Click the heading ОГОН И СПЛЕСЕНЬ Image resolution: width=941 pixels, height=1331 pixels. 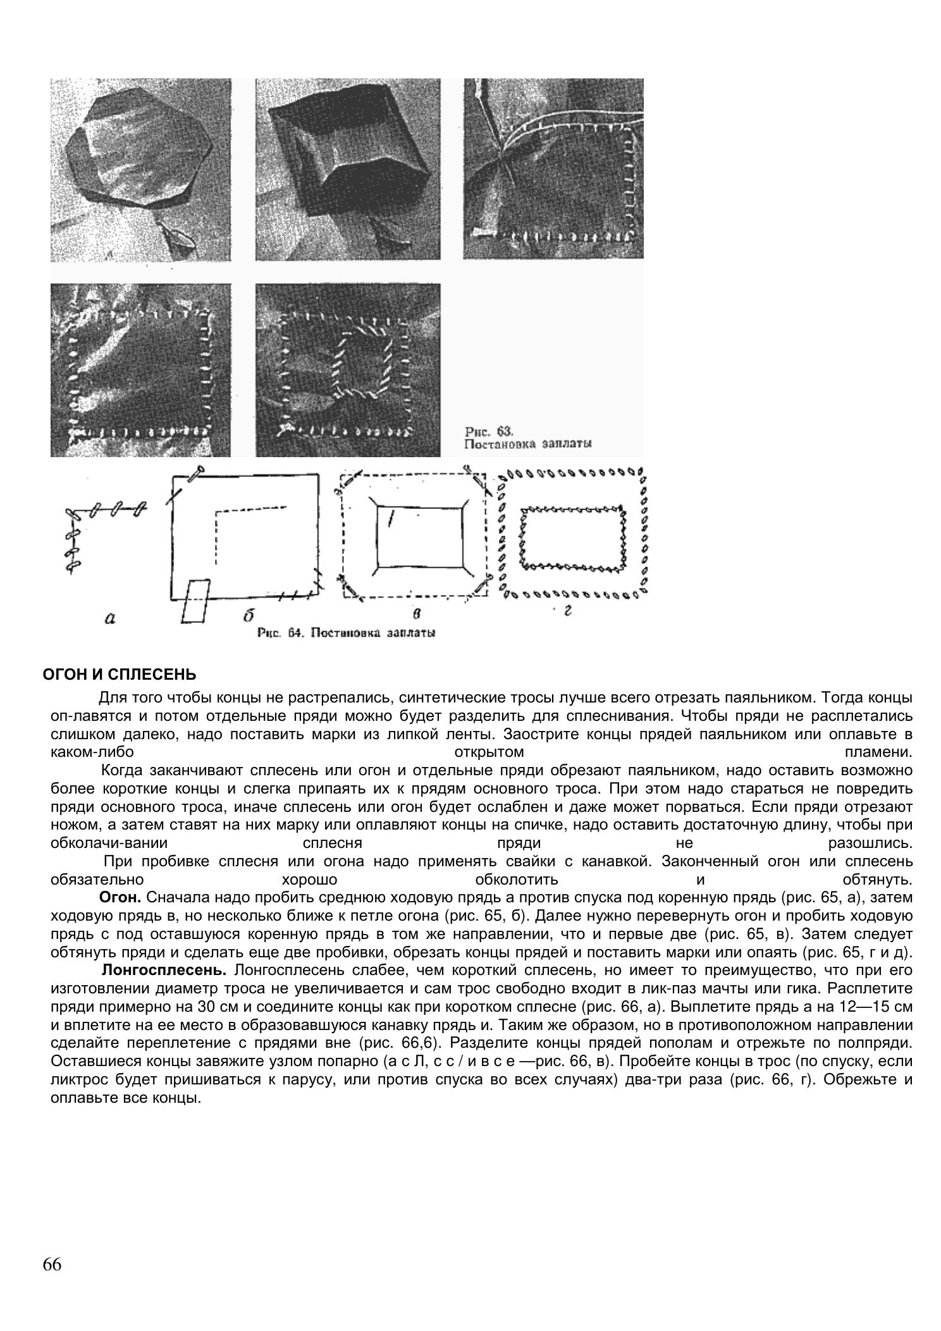(120, 675)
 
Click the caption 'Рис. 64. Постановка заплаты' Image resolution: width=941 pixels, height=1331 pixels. (346, 632)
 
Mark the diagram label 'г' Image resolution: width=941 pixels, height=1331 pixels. (569, 612)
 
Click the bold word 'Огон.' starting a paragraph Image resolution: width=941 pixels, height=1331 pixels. (121, 898)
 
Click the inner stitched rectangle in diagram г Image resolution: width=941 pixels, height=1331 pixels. (572, 537)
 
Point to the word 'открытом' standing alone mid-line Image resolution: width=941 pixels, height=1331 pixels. (489, 753)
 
